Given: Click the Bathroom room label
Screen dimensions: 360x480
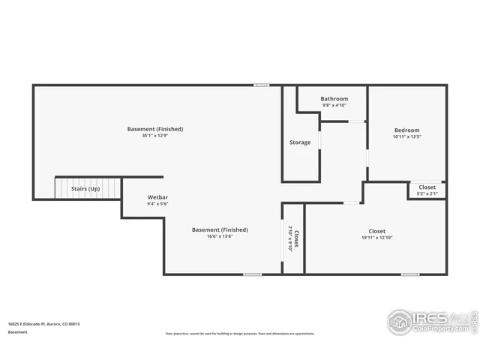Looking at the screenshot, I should (334, 99).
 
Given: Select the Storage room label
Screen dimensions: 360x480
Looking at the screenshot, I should (300, 142).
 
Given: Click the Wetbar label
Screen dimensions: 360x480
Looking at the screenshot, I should (157, 197).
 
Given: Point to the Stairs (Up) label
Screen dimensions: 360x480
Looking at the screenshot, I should (85, 189).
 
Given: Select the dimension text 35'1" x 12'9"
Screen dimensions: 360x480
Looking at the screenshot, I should (155, 136).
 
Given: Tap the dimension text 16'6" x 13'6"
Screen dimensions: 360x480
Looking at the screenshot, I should (220, 236).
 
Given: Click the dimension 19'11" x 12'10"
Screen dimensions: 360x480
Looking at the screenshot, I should (376, 238).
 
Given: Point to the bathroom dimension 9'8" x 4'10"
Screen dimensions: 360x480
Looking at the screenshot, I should (334, 105).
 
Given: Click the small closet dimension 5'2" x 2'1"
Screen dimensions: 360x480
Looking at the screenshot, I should (427, 194).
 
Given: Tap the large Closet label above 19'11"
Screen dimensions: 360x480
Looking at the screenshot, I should (376, 231).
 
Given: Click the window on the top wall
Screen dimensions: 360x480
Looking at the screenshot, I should (261, 85).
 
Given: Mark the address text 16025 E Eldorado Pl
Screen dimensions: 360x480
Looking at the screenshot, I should (44, 324).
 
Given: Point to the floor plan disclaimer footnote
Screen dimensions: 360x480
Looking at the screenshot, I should (240, 334).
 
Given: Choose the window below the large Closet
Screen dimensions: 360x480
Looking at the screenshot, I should (409, 274).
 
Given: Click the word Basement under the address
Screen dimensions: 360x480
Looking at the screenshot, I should (18, 331).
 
